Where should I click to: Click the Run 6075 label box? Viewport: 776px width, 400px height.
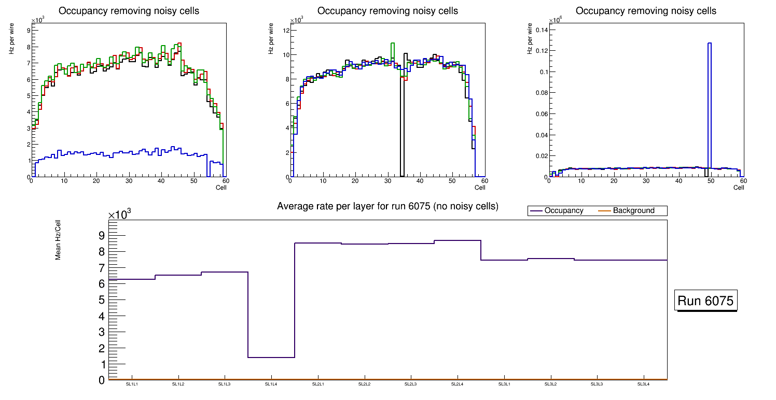pyautogui.click(x=706, y=301)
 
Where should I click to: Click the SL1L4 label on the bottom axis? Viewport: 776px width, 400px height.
pyautogui.click(x=271, y=384)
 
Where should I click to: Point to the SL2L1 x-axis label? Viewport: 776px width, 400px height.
pyautogui.click(x=318, y=384)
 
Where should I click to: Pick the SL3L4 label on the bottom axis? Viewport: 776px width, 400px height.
pyautogui.click(x=644, y=384)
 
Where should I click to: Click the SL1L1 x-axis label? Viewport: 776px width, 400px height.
pyautogui.click(x=132, y=384)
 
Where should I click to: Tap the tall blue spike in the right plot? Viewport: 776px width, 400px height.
pyautogui.click(x=709, y=104)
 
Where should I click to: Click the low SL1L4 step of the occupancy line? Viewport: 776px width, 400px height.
pyautogui.click(x=271, y=358)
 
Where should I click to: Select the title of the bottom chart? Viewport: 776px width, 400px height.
pyautogui.click(x=387, y=206)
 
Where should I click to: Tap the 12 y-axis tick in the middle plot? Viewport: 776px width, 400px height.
pyautogui.click(x=285, y=30)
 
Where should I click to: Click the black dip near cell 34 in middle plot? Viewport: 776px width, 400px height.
pyautogui.click(x=402, y=130)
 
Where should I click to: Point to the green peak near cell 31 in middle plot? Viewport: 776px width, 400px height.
pyautogui.click(x=393, y=44)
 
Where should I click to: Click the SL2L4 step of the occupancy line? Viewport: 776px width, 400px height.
pyautogui.click(x=458, y=240)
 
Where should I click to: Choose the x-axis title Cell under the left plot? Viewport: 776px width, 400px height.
pyautogui.click(x=221, y=187)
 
